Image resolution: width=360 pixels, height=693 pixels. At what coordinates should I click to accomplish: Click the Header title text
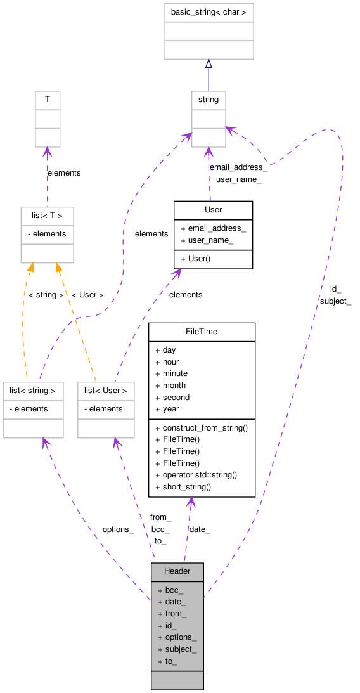[x=177, y=571]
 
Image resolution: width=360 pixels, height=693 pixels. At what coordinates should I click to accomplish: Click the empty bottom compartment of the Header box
[x=177, y=680]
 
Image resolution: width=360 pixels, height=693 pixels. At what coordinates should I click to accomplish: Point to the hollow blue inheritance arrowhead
[x=209, y=63]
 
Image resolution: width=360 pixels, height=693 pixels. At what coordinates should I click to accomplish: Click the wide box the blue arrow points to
[x=209, y=31]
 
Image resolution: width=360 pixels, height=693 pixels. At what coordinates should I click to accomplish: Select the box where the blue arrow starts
[x=209, y=119]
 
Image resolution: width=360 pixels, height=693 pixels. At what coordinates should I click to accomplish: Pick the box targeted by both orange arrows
[x=47, y=235]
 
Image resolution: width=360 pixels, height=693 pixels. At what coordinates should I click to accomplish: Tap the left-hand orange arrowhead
[x=30, y=269]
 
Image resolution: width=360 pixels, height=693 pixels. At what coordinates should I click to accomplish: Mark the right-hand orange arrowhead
[x=58, y=269]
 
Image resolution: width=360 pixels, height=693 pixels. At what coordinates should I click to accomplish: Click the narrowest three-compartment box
[x=48, y=119]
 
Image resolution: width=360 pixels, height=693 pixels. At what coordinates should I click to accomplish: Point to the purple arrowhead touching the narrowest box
[x=48, y=153]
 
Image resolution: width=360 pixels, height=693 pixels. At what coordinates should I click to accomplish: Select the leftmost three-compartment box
[x=33, y=410]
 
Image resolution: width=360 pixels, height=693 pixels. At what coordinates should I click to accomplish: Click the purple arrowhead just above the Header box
[x=191, y=502]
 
